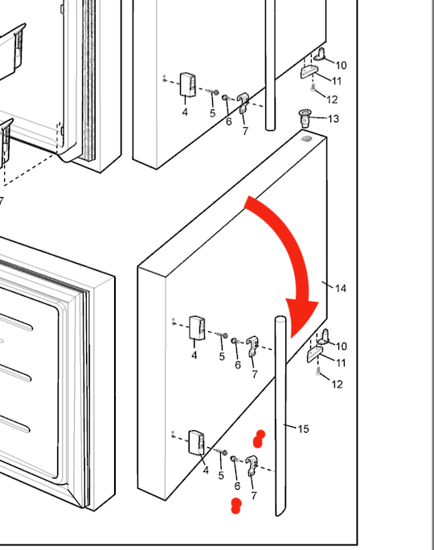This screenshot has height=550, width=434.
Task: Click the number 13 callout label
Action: tap(334, 119)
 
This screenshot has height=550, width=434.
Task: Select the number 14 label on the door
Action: tap(341, 289)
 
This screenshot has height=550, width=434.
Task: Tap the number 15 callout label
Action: tap(303, 429)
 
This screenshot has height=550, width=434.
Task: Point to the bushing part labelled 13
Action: tap(305, 118)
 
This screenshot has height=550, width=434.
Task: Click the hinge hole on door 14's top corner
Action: tap(306, 138)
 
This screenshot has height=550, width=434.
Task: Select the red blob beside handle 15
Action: tap(259, 439)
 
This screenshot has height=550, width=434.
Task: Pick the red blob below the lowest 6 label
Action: tap(236, 506)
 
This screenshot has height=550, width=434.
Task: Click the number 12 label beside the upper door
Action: tap(332, 100)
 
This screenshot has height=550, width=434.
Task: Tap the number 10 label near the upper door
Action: tap(341, 65)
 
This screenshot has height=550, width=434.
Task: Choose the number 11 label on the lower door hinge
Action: tap(341, 363)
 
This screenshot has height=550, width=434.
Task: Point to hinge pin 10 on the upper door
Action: tap(319, 55)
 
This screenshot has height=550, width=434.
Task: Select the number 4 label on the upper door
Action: tap(185, 112)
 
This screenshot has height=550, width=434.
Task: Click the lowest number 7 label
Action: tap(254, 495)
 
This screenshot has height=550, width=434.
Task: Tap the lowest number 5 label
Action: tap(221, 476)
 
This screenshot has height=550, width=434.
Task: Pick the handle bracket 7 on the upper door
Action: tap(244, 103)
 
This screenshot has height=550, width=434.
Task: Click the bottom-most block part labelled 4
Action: tap(197, 443)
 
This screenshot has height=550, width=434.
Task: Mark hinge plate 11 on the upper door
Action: tap(309, 72)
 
